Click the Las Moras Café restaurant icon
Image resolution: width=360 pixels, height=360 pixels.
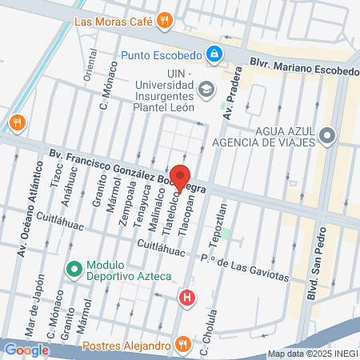point(165,21)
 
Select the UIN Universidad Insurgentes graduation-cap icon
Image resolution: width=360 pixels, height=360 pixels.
point(206,88)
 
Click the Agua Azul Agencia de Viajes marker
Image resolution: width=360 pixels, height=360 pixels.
point(326,136)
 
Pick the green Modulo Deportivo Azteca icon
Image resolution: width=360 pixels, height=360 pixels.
point(74,270)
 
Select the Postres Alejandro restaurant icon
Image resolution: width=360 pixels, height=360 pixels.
point(183,346)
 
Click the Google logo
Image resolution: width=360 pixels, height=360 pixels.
point(26,349)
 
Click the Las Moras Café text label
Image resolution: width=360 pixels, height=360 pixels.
point(114,22)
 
